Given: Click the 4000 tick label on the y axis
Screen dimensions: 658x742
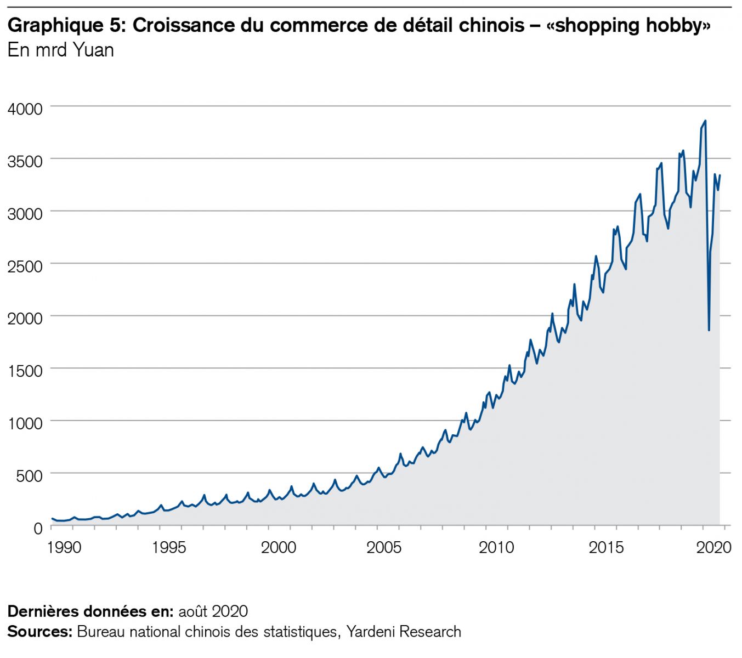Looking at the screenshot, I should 25,109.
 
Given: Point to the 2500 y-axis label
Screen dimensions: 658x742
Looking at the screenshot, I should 25,266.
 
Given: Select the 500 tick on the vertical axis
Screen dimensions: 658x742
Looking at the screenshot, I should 29,475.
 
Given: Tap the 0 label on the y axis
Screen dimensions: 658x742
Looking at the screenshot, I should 37,528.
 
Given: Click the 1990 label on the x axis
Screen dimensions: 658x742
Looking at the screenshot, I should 64,547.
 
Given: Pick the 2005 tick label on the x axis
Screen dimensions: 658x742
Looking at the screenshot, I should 384,547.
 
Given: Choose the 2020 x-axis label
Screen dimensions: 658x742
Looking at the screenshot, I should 713,547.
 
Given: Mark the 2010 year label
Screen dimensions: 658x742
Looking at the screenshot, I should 496,547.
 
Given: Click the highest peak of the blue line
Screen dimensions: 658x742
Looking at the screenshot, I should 705,121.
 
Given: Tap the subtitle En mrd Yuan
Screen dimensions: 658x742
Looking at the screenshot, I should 61,50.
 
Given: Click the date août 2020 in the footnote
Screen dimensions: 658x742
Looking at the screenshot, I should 213,611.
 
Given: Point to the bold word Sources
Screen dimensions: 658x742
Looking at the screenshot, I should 39,632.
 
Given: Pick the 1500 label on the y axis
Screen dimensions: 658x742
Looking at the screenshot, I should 25,371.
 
